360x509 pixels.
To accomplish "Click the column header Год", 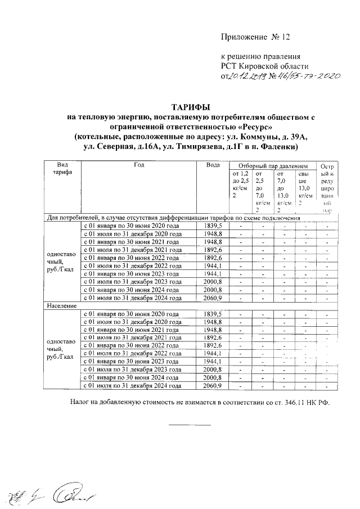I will [x=139, y=165].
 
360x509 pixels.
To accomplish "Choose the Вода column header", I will [x=213, y=165].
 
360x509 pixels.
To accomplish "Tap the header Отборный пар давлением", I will [x=273, y=167].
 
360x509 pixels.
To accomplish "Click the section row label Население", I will [x=61, y=305].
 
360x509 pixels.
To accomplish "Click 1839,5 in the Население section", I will [x=213, y=313].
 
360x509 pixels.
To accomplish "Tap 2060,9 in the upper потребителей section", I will [x=213, y=298].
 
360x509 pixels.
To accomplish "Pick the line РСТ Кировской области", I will [x=262, y=66].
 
